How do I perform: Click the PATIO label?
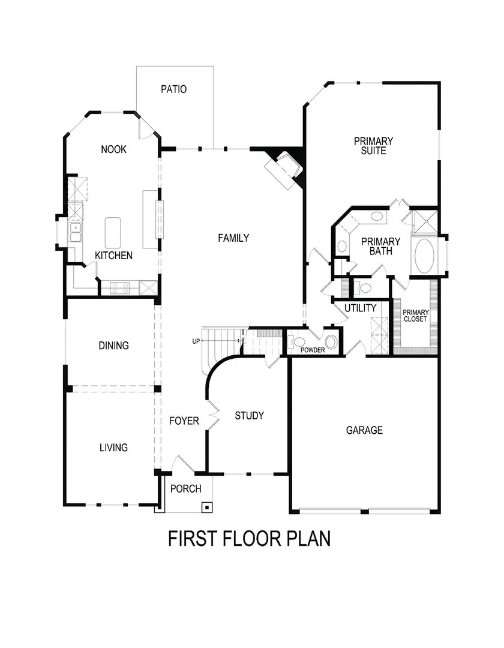coord(174,89)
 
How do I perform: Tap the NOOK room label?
coord(113,149)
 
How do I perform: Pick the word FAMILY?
coord(233,238)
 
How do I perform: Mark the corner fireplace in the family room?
coord(283,168)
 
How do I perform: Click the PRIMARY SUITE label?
coord(373,146)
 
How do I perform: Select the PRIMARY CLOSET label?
coord(415,316)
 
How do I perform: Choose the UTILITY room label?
coord(360,308)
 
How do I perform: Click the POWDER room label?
coord(312,350)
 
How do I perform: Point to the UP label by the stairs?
coord(196,341)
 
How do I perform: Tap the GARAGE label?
coord(364,430)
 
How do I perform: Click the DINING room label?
coord(113,346)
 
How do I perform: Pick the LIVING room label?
coord(113,448)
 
